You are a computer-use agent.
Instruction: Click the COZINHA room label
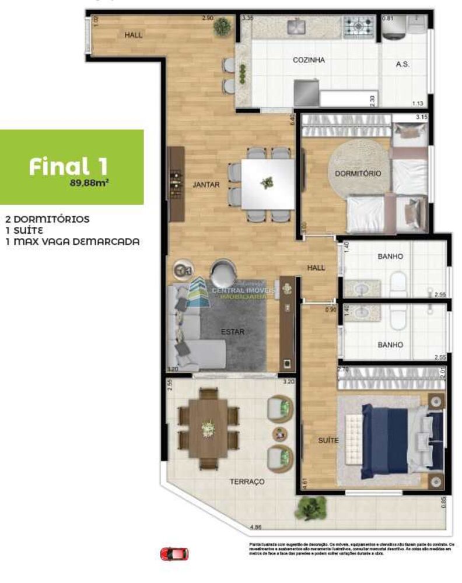point(309,60)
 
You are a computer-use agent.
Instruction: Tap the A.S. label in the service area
point(402,64)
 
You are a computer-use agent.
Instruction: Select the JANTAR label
point(206,185)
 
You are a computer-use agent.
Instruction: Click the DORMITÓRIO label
point(358,174)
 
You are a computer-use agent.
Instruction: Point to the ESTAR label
point(232,332)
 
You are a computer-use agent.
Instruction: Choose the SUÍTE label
point(328,441)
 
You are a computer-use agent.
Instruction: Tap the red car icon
point(174,553)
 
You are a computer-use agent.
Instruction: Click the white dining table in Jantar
point(269,183)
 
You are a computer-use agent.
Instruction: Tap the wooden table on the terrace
point(208,429)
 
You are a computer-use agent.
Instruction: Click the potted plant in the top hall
point(222,26)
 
